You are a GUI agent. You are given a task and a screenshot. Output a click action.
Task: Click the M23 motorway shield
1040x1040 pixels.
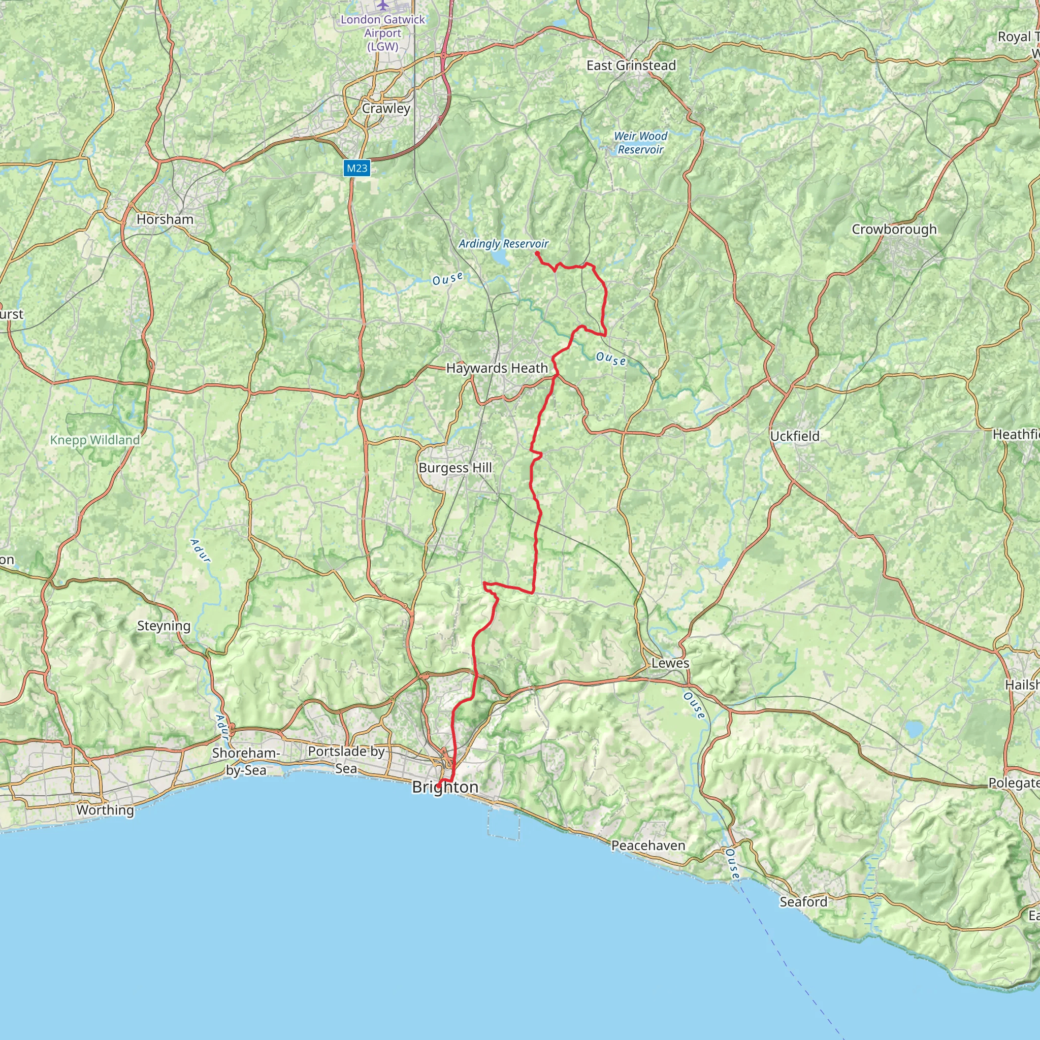coord(357,169)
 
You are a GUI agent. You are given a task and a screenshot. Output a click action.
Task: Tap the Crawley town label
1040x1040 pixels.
coord(386,108)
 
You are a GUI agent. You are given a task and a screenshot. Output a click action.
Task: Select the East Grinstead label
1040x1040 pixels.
coord(631,66)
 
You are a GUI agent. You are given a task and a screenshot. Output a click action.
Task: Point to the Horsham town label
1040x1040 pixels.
coord(165,219)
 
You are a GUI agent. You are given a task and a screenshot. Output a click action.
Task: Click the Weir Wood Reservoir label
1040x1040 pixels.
coord(640,143)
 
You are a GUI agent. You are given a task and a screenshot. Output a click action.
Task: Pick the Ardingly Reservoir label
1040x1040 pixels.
coord(503,244)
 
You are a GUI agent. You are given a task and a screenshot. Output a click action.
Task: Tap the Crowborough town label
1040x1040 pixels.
coord(894,230)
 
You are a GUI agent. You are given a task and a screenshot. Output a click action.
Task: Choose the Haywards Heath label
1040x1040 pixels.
coord(497,368)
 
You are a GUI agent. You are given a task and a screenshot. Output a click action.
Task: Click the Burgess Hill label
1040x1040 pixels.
coord(456,468)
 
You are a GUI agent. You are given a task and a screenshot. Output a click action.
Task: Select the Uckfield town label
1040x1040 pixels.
coord(795,436)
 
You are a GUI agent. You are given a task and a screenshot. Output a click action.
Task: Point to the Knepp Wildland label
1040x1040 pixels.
coord(95,440)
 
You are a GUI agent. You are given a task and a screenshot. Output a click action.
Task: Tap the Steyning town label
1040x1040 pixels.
coord(164,626)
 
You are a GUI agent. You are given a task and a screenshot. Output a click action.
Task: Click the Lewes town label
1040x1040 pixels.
coord(670,663)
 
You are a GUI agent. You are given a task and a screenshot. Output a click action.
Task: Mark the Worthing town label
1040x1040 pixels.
coord(105,809)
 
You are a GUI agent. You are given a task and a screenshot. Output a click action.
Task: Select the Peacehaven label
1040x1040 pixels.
coord(648,846)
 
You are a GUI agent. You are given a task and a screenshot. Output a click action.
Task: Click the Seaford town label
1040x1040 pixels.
coord(803,902)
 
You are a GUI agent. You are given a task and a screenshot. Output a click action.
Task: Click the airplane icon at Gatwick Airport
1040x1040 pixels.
coord(382,5)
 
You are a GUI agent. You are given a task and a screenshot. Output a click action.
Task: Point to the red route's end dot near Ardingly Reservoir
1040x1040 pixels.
coord(537,253)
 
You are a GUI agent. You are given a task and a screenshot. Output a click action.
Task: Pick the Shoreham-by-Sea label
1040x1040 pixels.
coord(246,761)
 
